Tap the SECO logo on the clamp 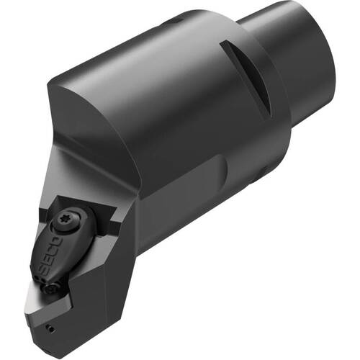tap(50, 256)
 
